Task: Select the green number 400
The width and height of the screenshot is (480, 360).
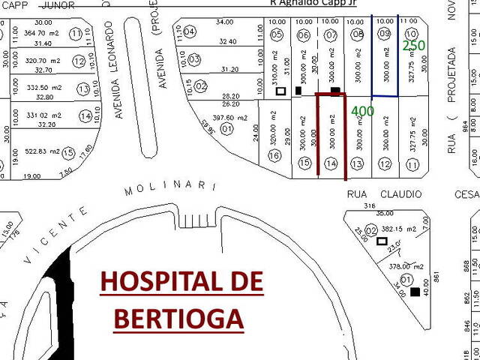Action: pos(363,111)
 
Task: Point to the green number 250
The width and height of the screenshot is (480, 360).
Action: pos(413,46)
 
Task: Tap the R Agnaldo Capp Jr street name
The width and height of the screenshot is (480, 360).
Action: pos(313,3)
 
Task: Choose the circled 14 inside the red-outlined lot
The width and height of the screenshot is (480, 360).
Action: pos(331,163)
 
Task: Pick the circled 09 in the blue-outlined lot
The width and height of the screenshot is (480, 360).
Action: pos(385,34)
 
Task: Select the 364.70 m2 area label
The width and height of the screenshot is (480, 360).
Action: pos(42,34)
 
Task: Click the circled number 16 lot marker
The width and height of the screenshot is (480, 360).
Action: pos(274,155)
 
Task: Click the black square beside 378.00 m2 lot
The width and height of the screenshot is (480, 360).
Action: pos(415,292)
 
